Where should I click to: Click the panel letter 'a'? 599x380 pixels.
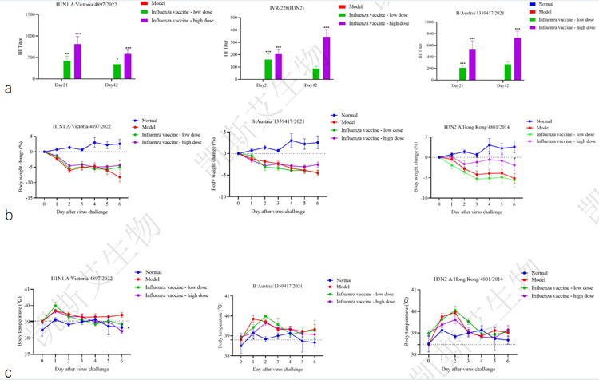tap(8, 89)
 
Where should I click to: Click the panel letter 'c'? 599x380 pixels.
tap(8, 371)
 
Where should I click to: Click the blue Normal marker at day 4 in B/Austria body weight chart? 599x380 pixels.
tap(292, 141)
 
